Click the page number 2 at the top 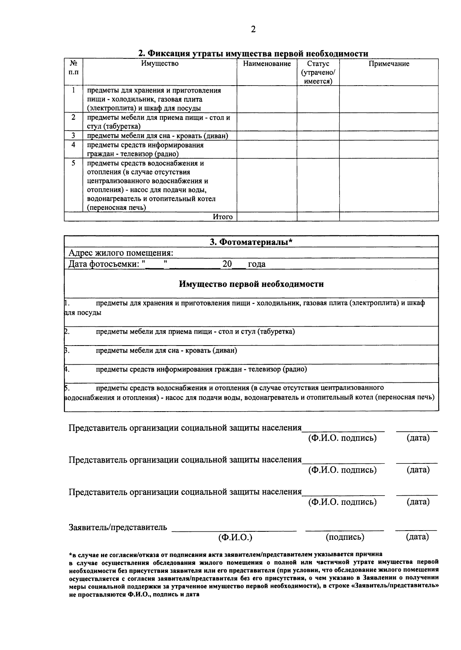253,30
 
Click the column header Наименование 267,64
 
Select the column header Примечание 389,64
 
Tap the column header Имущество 159,64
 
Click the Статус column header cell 318,73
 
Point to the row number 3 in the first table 73,136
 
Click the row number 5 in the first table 73,163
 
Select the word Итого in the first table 223,217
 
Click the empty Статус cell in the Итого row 318,217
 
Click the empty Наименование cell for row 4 267,150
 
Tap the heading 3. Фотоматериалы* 251,242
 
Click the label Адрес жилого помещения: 121,253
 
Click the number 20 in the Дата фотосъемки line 227,264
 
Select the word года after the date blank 257,264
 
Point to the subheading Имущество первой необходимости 251,284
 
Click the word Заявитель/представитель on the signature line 118,527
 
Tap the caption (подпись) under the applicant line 345,537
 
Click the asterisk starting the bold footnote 70,554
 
